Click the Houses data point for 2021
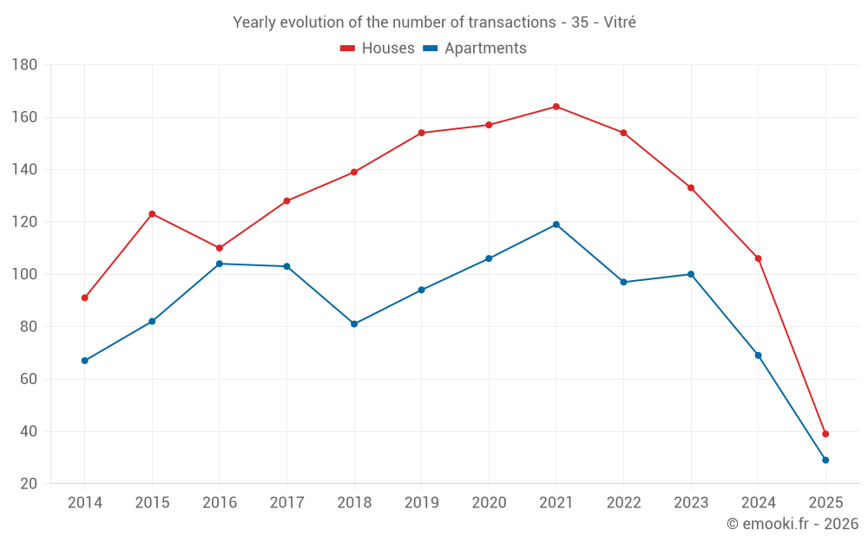coord(556,107)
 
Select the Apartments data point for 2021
coord(556,225)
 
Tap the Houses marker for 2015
coord(152,214)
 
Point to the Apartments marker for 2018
coord(354,324)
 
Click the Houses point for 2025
coord(825,434)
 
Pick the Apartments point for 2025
coord(825,460)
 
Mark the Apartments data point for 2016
coord(220,264)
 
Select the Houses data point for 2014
coord(85,298)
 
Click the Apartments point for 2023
coord(691,274)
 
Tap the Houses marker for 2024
coord(759,258)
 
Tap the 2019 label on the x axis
coord(422,503)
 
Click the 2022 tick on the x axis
coord(624,503)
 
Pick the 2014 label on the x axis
coord(85,503)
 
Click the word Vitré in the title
coord(618,23)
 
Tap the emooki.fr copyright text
coord(792,524)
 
